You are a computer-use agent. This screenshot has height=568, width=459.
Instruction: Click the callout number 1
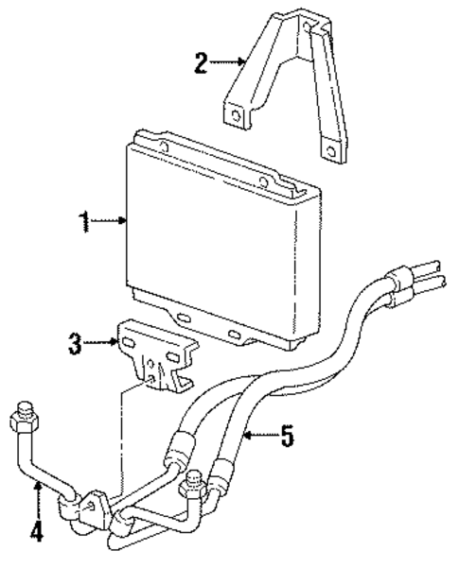point(85,221)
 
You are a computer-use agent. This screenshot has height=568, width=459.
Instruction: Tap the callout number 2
point(201,63)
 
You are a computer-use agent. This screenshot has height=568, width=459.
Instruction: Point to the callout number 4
point(35,533)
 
